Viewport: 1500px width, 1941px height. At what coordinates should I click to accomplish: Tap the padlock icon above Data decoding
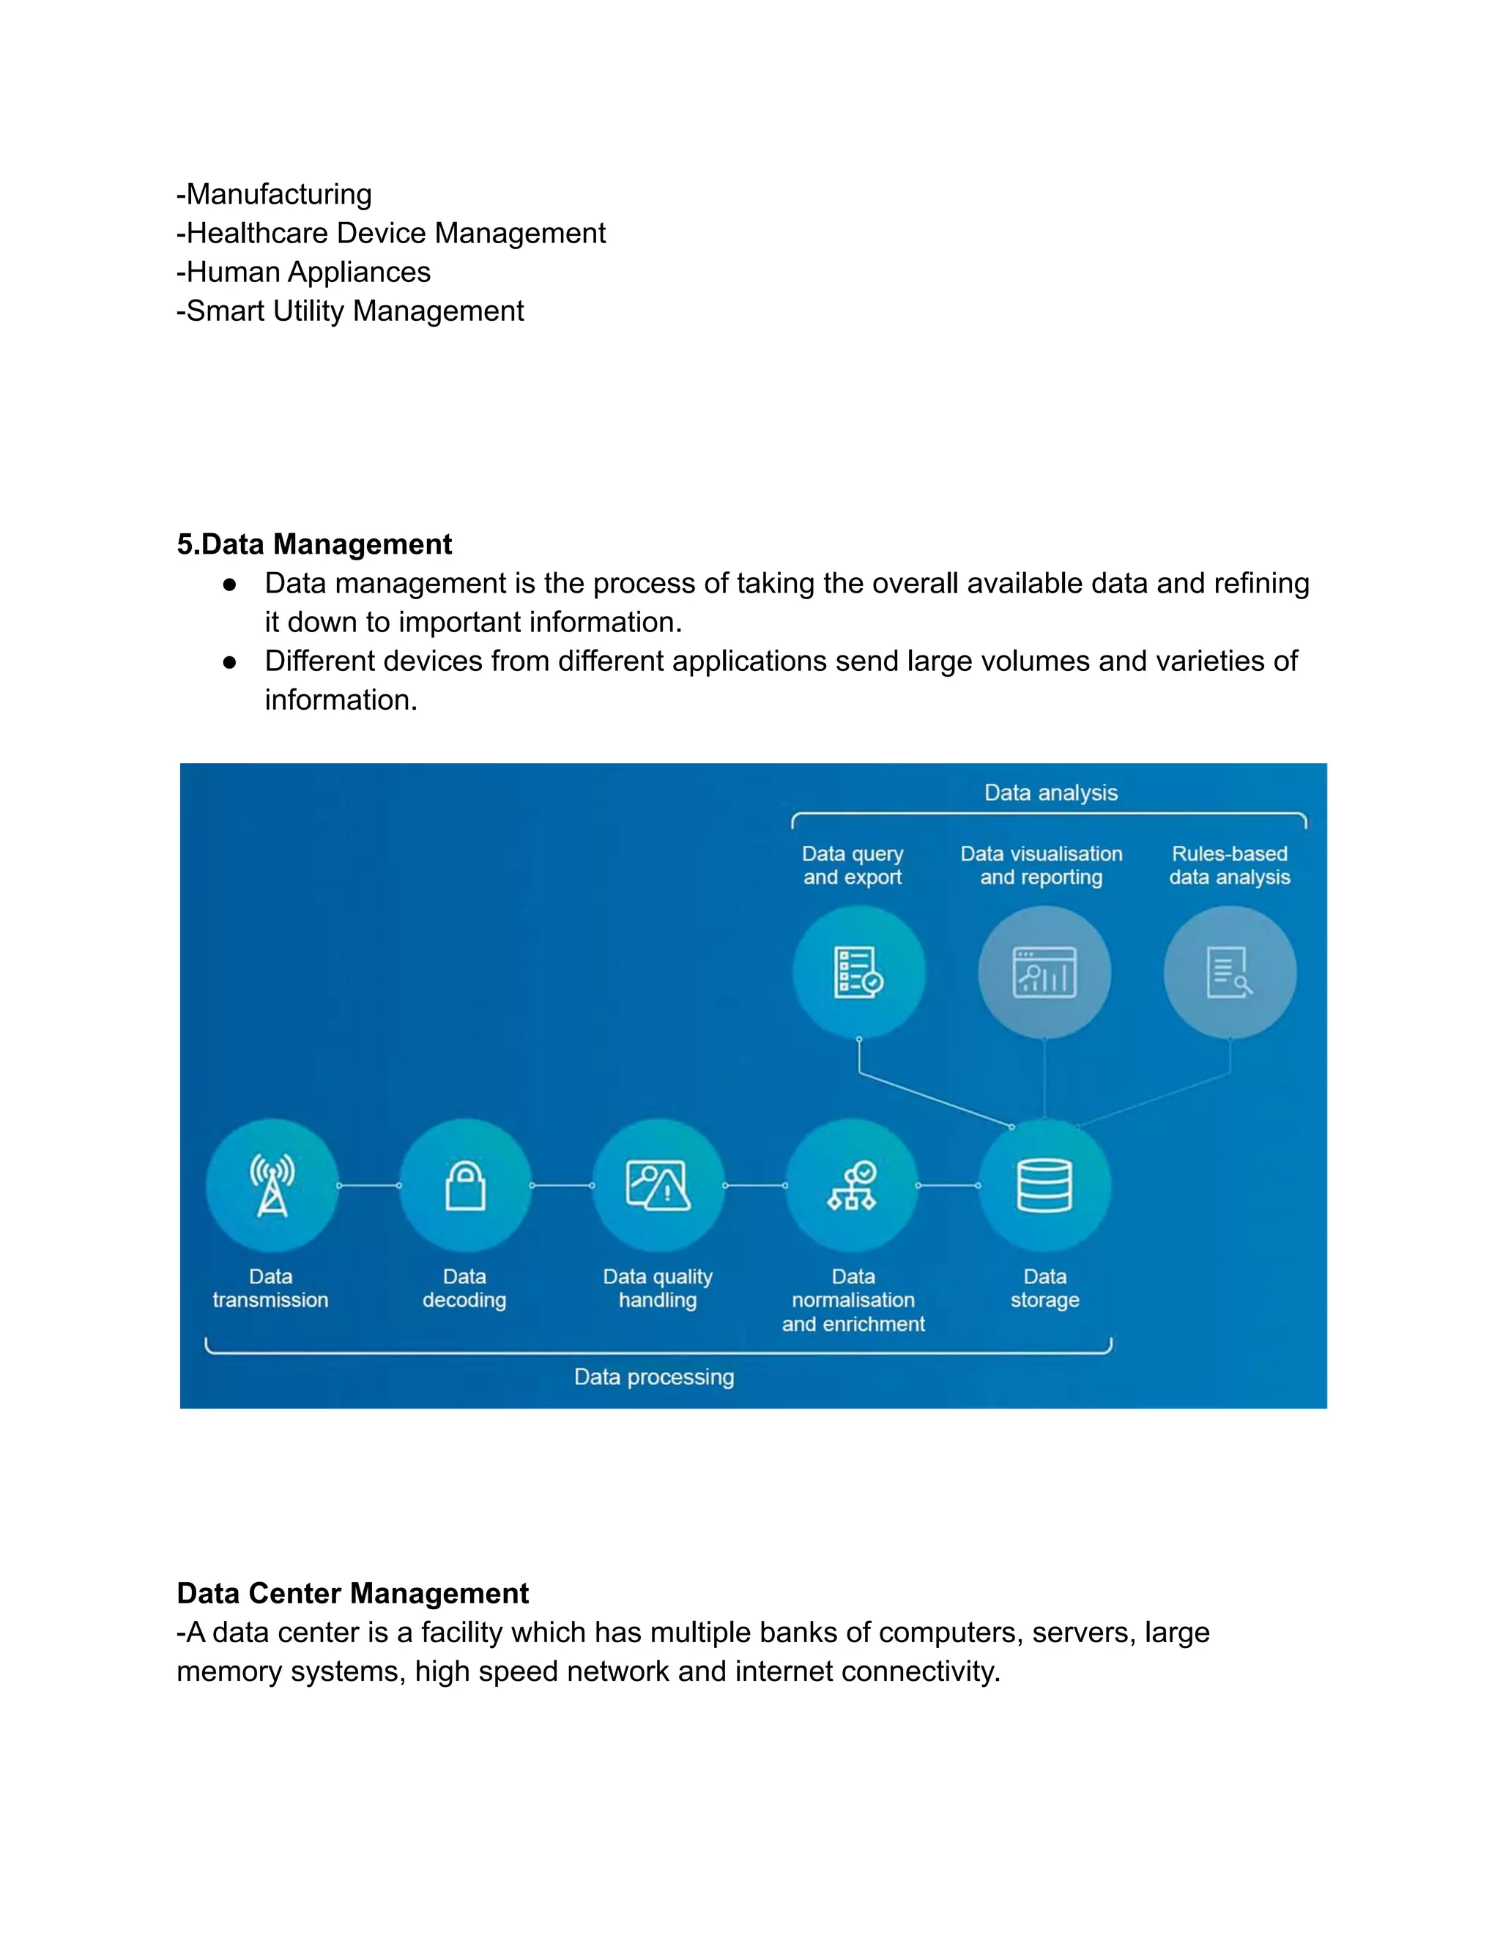coord(465,1186)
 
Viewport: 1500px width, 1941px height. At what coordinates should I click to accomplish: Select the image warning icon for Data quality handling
coord(658,1186)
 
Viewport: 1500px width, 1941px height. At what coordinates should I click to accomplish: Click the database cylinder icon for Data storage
coord(1044,1186)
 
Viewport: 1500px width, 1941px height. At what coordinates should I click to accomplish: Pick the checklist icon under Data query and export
coord(858,972)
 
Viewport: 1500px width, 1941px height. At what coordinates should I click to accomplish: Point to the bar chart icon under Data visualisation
coord(1044,972)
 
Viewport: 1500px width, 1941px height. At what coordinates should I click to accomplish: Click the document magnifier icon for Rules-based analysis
coord(1230,972)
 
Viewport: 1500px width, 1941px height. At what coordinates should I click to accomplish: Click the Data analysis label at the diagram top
coord(1050,793)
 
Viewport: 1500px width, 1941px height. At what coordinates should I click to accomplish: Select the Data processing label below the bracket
coord(654,1377)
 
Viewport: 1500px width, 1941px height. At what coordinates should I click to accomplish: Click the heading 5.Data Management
coord(314,544)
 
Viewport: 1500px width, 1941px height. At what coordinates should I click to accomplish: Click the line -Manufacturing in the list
coord(275,194)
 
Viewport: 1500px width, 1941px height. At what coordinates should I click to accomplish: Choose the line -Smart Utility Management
coord(350,311)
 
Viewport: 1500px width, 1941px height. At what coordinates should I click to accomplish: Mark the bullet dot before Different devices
coord(229,662)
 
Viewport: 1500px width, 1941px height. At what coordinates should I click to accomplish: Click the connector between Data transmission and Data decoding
coord(369,1186)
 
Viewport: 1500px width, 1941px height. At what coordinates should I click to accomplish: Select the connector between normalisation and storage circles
coord(948,1186)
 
